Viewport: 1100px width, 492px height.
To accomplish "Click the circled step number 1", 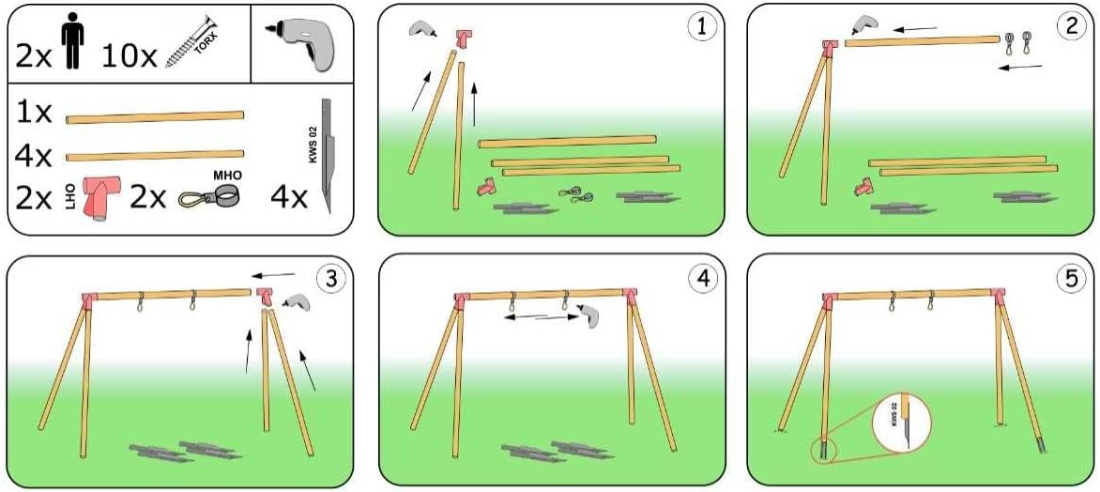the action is (701, 27).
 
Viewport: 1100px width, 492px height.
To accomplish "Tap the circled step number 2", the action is (1071, 27).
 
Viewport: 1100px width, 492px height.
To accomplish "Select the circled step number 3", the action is (330, 279).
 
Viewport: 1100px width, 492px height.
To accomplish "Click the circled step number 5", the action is (1071, 279).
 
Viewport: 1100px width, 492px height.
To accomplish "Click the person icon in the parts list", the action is (72, 43).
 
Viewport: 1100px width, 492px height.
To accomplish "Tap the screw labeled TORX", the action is (191, 43).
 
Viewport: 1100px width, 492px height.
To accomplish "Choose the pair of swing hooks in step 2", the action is (1016, 44).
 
